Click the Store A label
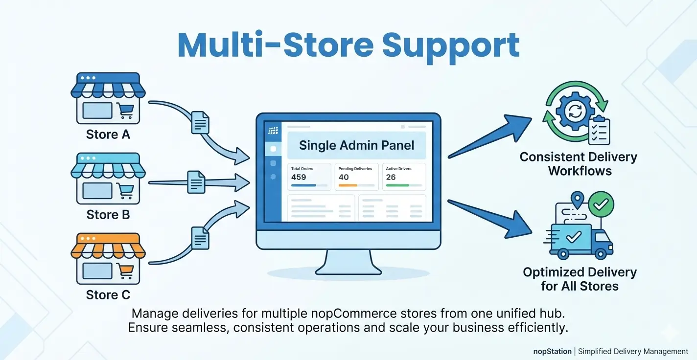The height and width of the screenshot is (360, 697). point(108,134)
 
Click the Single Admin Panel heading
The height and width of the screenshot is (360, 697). point(356,145)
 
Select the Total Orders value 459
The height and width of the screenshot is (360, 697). point(299,177)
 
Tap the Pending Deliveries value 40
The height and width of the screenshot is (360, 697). point(344,177)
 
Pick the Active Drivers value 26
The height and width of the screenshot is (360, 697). point(391,177)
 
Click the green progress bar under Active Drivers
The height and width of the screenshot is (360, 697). point(397,185)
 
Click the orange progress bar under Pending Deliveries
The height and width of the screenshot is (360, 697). point(348,185)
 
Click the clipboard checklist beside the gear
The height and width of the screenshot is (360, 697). point(599,130)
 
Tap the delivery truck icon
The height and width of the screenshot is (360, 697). point(580,240)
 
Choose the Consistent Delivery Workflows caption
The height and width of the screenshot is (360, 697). point(579,164)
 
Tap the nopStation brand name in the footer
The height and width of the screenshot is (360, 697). point(552,351)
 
